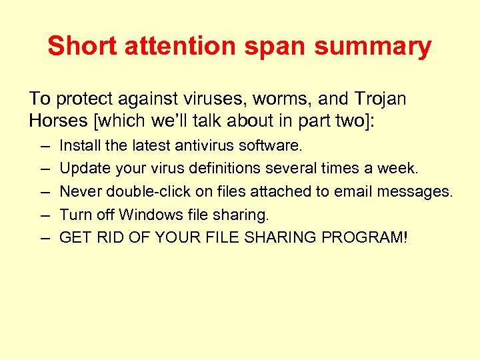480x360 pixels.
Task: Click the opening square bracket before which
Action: (92, 121)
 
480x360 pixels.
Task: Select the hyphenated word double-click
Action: (142, 192)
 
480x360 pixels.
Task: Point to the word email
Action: (352, 192)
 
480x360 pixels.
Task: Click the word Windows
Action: (148, 215)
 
